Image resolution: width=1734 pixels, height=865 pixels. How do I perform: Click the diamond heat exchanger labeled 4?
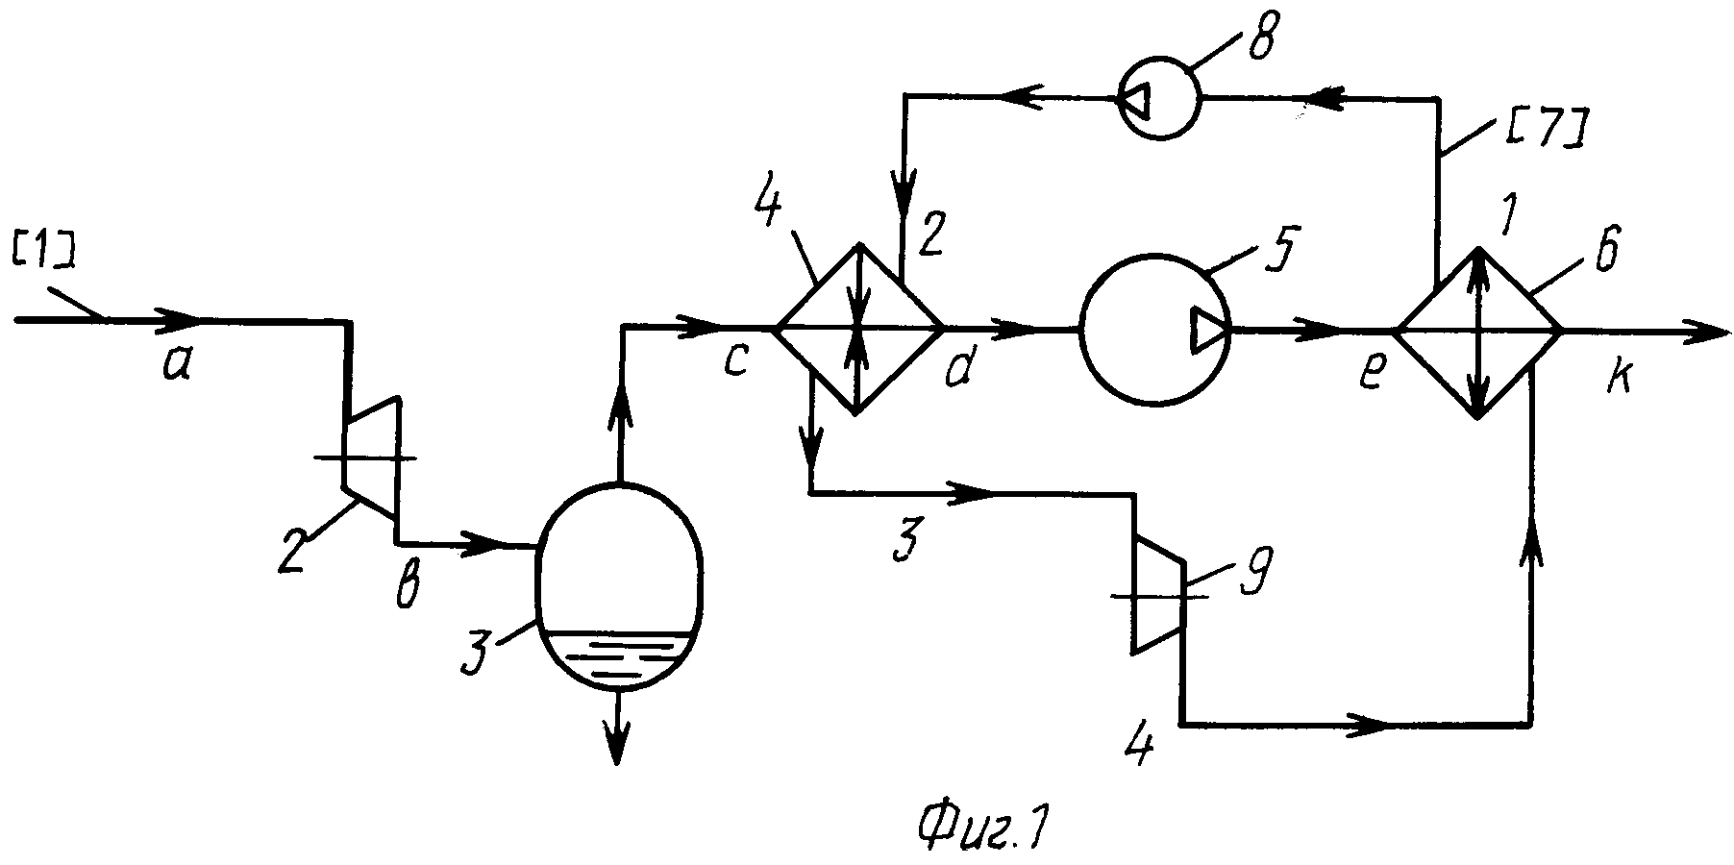coord(858,329)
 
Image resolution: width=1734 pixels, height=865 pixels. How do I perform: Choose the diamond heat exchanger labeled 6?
coord(1478,332)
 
